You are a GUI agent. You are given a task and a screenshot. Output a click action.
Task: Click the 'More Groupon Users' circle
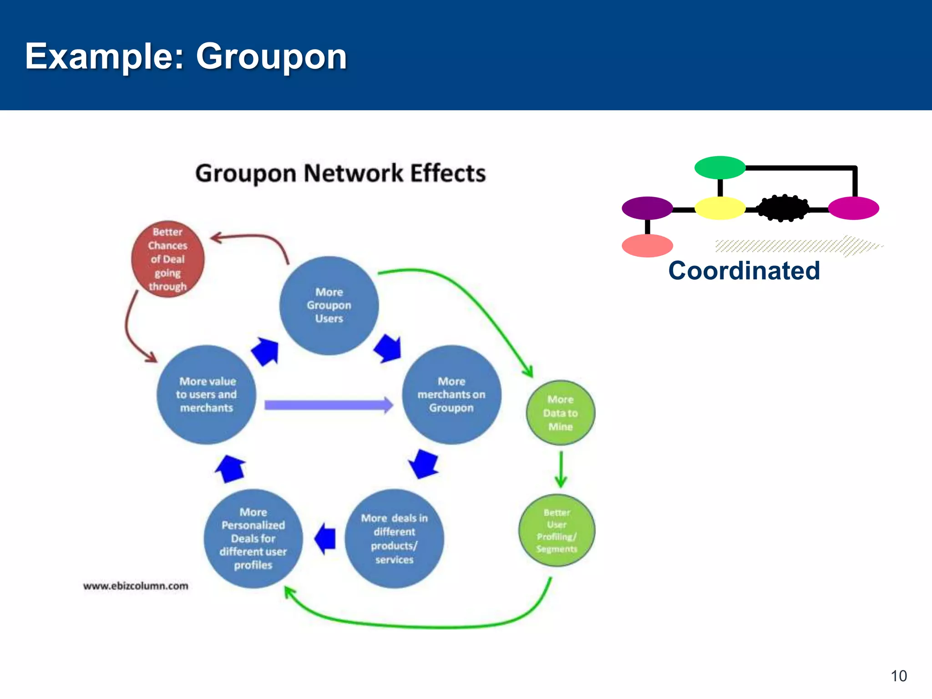coord(329,305)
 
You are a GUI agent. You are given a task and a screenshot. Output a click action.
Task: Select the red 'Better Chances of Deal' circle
coord(167,259)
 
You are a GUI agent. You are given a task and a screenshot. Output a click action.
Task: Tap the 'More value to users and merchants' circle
coord(206,395)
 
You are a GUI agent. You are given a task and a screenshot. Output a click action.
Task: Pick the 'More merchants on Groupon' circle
coord(451,395)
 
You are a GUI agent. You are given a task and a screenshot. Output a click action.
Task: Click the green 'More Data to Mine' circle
coord(560,413)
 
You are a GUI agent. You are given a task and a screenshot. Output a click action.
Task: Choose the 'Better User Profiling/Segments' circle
coord(557,531)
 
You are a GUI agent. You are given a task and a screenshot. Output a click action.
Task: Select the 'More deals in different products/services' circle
coord(394,538)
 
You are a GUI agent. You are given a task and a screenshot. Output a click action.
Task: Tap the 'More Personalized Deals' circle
coord(253,538)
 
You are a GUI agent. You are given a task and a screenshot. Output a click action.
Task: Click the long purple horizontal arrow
coord(328,405)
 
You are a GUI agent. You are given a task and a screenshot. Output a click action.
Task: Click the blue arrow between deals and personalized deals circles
coord(325,538)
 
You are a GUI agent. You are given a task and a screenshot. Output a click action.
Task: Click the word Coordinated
coord(744,271)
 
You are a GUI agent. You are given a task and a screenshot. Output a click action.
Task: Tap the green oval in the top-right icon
coord(720,167)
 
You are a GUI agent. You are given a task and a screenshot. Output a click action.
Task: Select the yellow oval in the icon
coord(720,208)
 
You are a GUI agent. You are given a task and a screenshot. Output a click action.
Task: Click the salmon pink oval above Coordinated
coord(647,246)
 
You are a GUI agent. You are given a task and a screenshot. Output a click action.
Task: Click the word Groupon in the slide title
coord(271,56)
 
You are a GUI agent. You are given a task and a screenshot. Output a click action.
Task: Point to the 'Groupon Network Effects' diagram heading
coord(340,173)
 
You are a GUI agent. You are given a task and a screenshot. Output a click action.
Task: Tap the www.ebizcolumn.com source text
coord(136,586)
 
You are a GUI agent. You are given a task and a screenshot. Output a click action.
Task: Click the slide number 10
coord(898,676)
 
